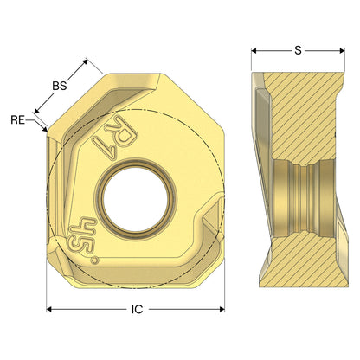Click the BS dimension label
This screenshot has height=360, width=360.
click(x=60, y=86)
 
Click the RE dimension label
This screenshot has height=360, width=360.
click(x=18, y=119)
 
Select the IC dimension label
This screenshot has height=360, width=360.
click(x=138, y=310)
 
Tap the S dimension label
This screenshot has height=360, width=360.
click(x=298, y=51)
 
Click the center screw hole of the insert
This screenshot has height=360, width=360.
click(x=136, y=199)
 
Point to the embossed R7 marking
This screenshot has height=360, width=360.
click(x=115, y=136)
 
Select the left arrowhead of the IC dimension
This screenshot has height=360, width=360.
click(x=49, y=309)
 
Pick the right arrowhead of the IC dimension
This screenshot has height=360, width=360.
click(x=222, y=309)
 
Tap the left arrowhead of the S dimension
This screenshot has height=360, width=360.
click(x=254, y=51)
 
